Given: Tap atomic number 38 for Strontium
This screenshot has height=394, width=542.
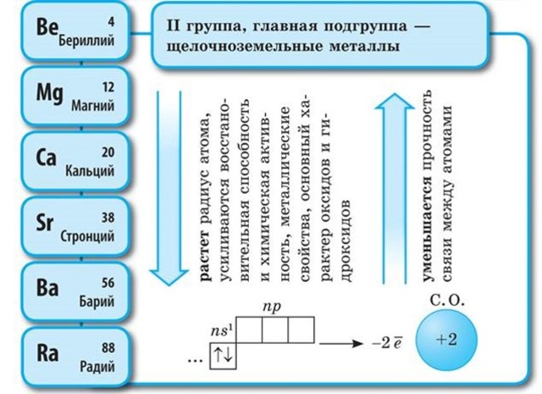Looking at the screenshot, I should pyautogui.click(x=107, y=216).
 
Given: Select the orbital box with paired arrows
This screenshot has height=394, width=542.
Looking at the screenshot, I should pyautogui.click(x=225, y=357).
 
